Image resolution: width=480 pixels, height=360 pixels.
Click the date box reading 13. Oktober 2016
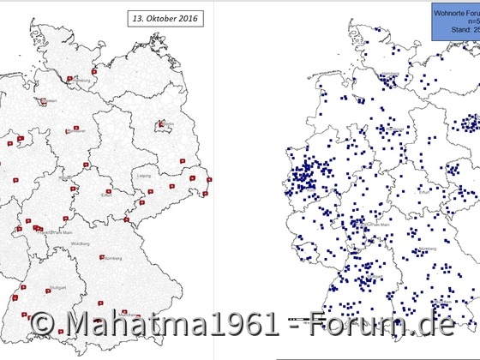[x=171, y=16]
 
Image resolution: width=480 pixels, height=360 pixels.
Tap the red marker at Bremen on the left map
[x=40, y=100]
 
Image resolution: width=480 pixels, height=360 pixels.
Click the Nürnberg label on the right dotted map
[x=414, y=249]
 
